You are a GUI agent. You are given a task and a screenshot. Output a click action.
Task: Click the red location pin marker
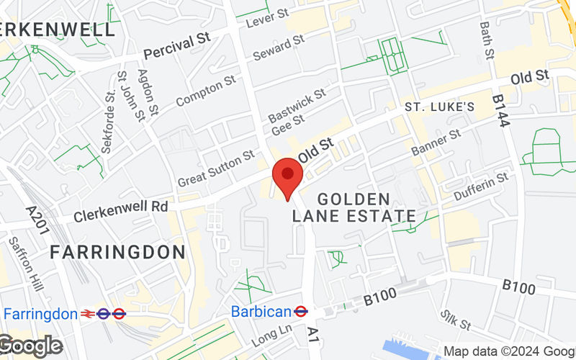[288, 177]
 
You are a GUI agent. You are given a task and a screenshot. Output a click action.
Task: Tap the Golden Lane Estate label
[354, 207]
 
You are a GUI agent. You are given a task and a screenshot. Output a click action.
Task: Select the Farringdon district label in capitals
[117, 252]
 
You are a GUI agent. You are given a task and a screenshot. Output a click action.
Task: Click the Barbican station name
[261, 312]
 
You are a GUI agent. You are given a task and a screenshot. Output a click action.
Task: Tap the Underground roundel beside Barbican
[302, 312]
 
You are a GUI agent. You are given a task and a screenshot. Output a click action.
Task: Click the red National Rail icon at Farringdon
[89, 314]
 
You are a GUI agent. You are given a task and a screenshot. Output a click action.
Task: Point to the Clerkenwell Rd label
[121, 206]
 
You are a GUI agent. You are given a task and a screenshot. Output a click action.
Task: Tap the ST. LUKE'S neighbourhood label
[439, 107]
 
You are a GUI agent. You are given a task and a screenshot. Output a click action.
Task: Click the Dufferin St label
[482, 186]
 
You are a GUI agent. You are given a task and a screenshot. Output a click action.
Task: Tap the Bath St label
[488, 40]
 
